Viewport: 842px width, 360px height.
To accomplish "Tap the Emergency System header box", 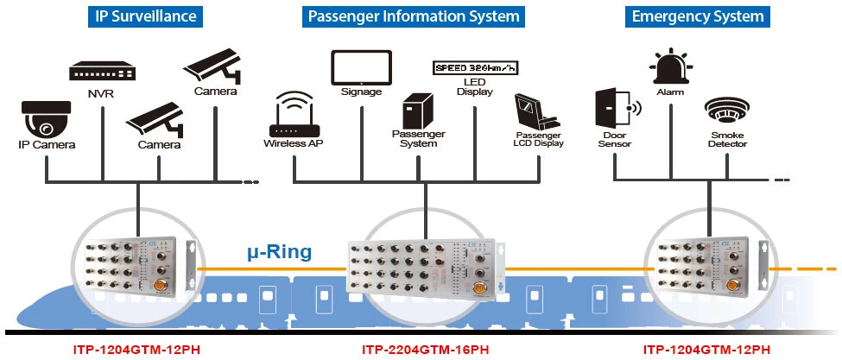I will coord(697,16).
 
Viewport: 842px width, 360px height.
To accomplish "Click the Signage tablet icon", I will coord(360,66).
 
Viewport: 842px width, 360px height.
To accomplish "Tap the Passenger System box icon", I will coord(420,111).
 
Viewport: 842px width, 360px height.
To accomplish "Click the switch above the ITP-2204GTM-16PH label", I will coord(425,268).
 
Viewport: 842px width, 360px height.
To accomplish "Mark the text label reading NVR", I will coord(101,92).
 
